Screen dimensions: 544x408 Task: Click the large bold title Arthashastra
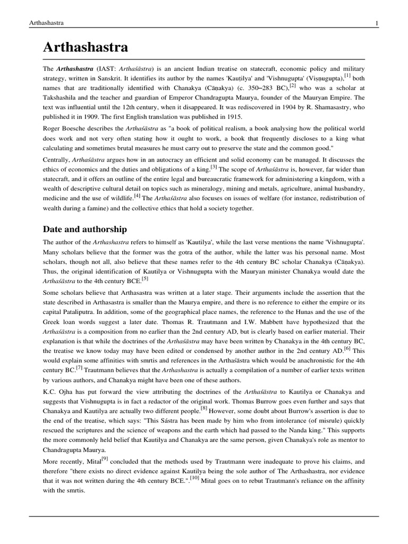(x=86, y=47)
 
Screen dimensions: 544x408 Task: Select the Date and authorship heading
(x=84, y=229)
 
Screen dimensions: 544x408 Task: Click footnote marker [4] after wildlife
(x=138, y=196)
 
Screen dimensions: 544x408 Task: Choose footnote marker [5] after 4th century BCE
(x=144, y=279)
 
